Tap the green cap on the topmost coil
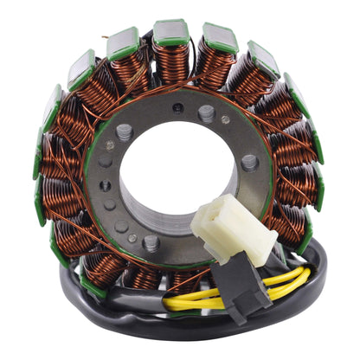click(x=171, y=33)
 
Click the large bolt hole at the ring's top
click(x=207, y=112)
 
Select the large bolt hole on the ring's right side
click(x=249, y=162)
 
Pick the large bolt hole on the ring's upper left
click(x=125, y=132)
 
